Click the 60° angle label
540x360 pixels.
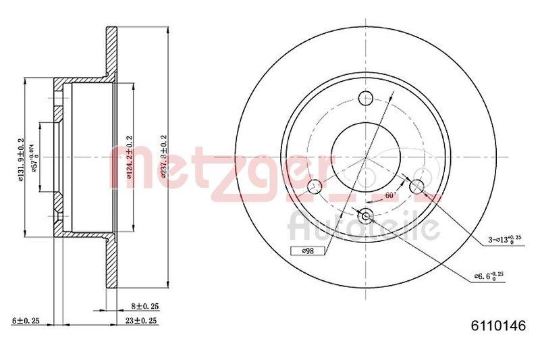coord(389,196)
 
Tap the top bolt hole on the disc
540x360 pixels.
coord(366,97)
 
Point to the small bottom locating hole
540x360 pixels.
coord(366,216)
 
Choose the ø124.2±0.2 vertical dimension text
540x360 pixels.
coord(126,157)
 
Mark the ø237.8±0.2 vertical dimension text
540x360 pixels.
coord(163,157)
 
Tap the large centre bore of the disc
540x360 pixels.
coord(366,157)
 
